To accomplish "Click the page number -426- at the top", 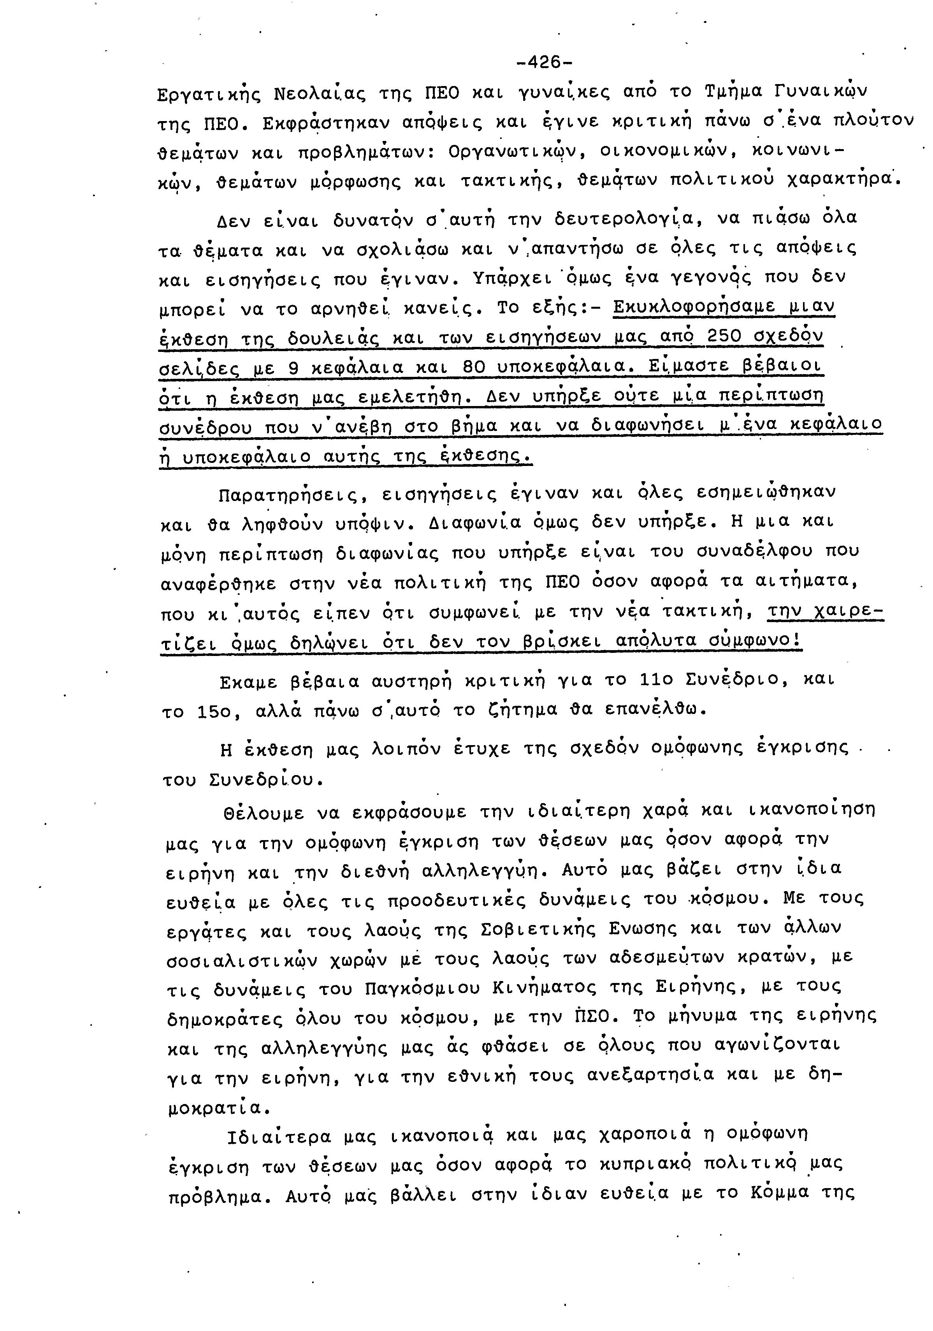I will [544, 62].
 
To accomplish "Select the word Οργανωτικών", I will [513, 153].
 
